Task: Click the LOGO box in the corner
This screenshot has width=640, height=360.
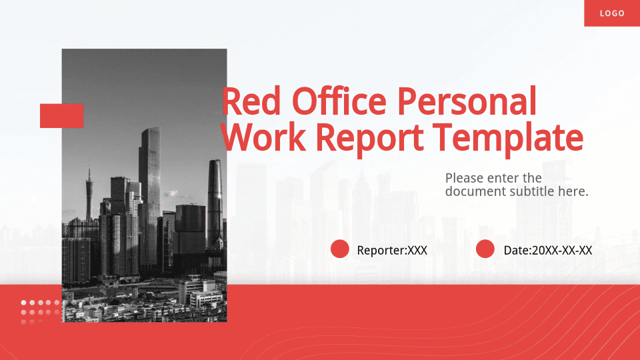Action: [612, 13]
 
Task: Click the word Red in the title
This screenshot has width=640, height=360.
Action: [251, 101]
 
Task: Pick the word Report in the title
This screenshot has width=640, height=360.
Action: [370, 139]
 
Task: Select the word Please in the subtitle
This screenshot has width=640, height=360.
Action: [464, 178]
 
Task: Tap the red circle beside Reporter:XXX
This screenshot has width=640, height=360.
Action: [339, 249]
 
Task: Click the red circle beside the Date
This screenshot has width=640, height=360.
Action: [485, 249]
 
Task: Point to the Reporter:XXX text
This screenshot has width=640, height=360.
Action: [392, 250]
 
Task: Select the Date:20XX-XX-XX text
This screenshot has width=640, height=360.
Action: [548, 250]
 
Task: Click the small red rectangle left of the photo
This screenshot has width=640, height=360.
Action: [61, 116]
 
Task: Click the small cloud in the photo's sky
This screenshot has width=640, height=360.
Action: [171, 193]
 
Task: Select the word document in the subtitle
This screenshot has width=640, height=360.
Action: [475, 191]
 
